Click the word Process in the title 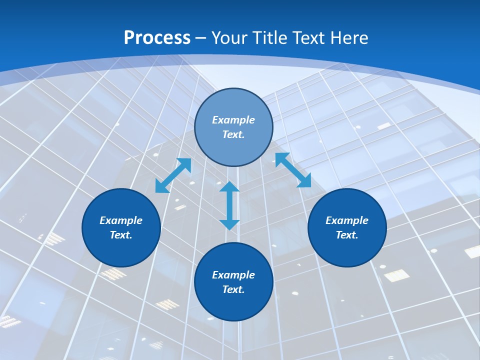(157, 38)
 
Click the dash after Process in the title (201, 38)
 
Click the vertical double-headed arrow (229, 205)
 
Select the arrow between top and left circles (173, 175)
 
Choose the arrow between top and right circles (293, 170)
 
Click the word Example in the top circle (233, 120)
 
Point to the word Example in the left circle (121, 220)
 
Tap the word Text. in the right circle (347, 235)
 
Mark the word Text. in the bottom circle (233, 289)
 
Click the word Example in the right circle (347, 220)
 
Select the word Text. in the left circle (121, 235)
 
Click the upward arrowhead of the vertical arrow (229, 186)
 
